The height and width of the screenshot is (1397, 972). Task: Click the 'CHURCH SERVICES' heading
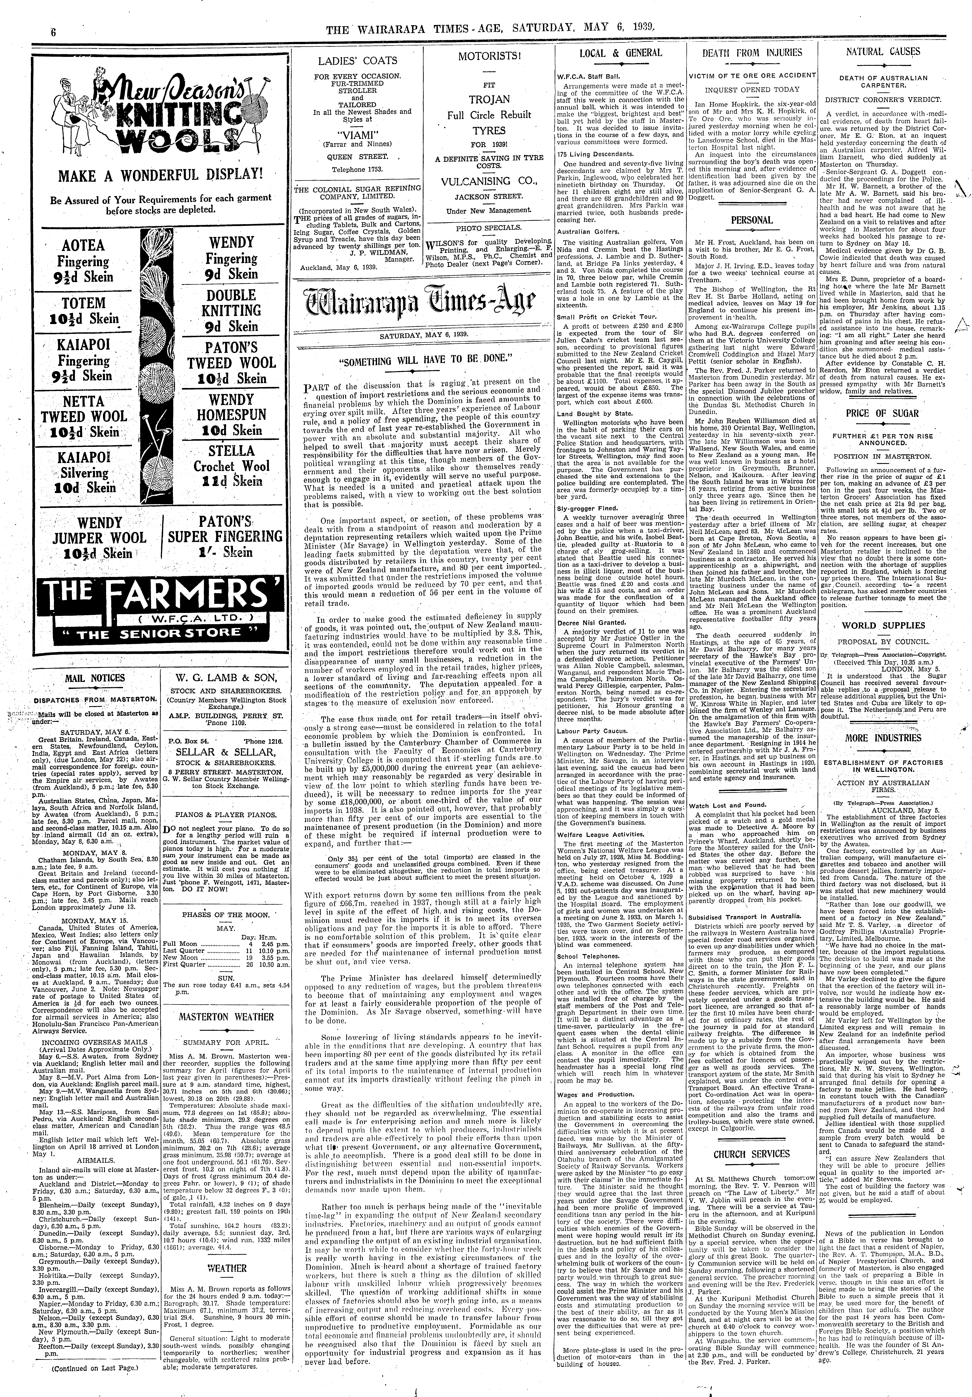click(752, 1154)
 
